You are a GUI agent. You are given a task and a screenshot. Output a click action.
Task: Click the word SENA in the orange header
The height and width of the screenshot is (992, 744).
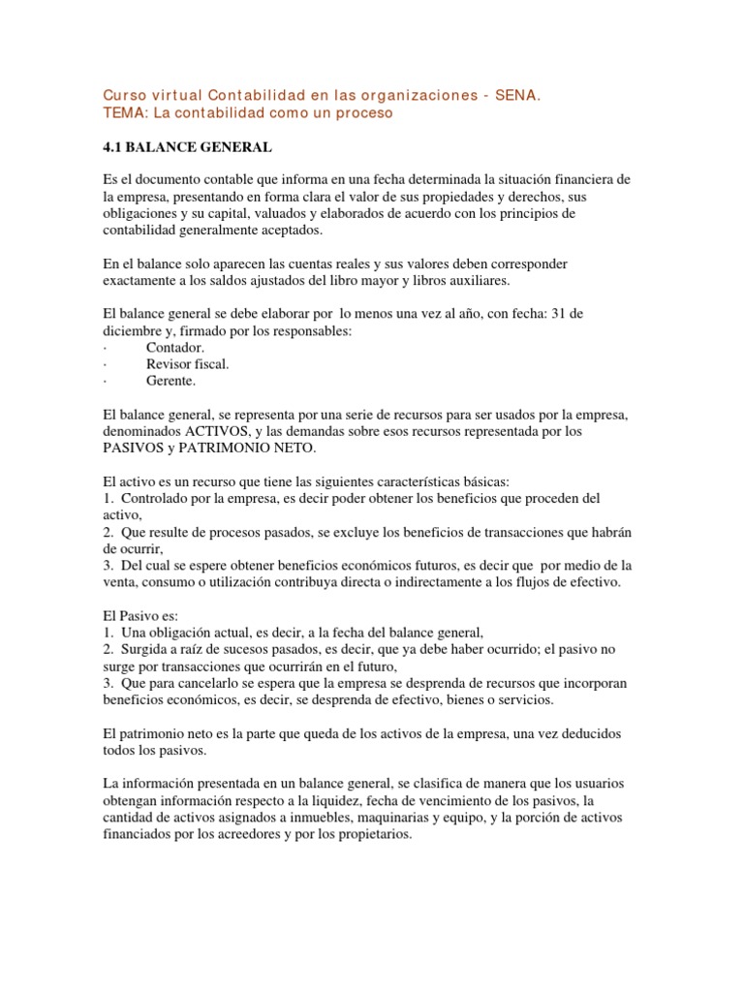click(x=517, y=96)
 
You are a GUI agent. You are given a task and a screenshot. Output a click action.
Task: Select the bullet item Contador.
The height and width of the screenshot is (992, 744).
click(x=175, y=347)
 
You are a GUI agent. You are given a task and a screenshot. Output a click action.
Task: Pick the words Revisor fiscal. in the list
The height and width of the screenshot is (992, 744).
click(x=188, y=364)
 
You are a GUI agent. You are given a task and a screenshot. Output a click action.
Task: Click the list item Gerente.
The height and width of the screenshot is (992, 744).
click(x=170, y=382)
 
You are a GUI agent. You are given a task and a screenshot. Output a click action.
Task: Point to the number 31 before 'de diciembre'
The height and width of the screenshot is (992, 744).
click(x=562, y=314)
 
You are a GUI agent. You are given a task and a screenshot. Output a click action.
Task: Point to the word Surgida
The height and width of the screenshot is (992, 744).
click(x=145, y=649)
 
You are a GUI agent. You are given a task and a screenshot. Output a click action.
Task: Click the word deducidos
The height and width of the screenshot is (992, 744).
click(x=599, y=733)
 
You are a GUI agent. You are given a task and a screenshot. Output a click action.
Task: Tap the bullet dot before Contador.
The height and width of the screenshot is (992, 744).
click(x=104, y=347)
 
